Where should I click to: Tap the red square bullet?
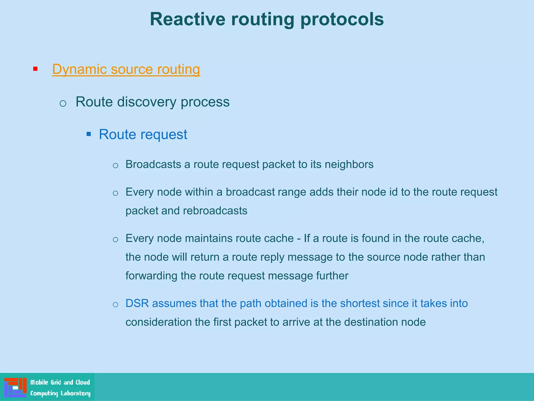point(35,69)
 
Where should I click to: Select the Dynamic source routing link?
point(126,69)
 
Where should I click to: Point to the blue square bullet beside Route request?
point(89,134)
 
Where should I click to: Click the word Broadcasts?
point(153,164)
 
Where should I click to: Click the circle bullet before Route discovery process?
point(63,103)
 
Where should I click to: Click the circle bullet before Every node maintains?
point(116,239)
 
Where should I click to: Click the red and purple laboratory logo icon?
point(15,387)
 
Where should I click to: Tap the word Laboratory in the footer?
point(75,393)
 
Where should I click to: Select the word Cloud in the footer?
point(83,382)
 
